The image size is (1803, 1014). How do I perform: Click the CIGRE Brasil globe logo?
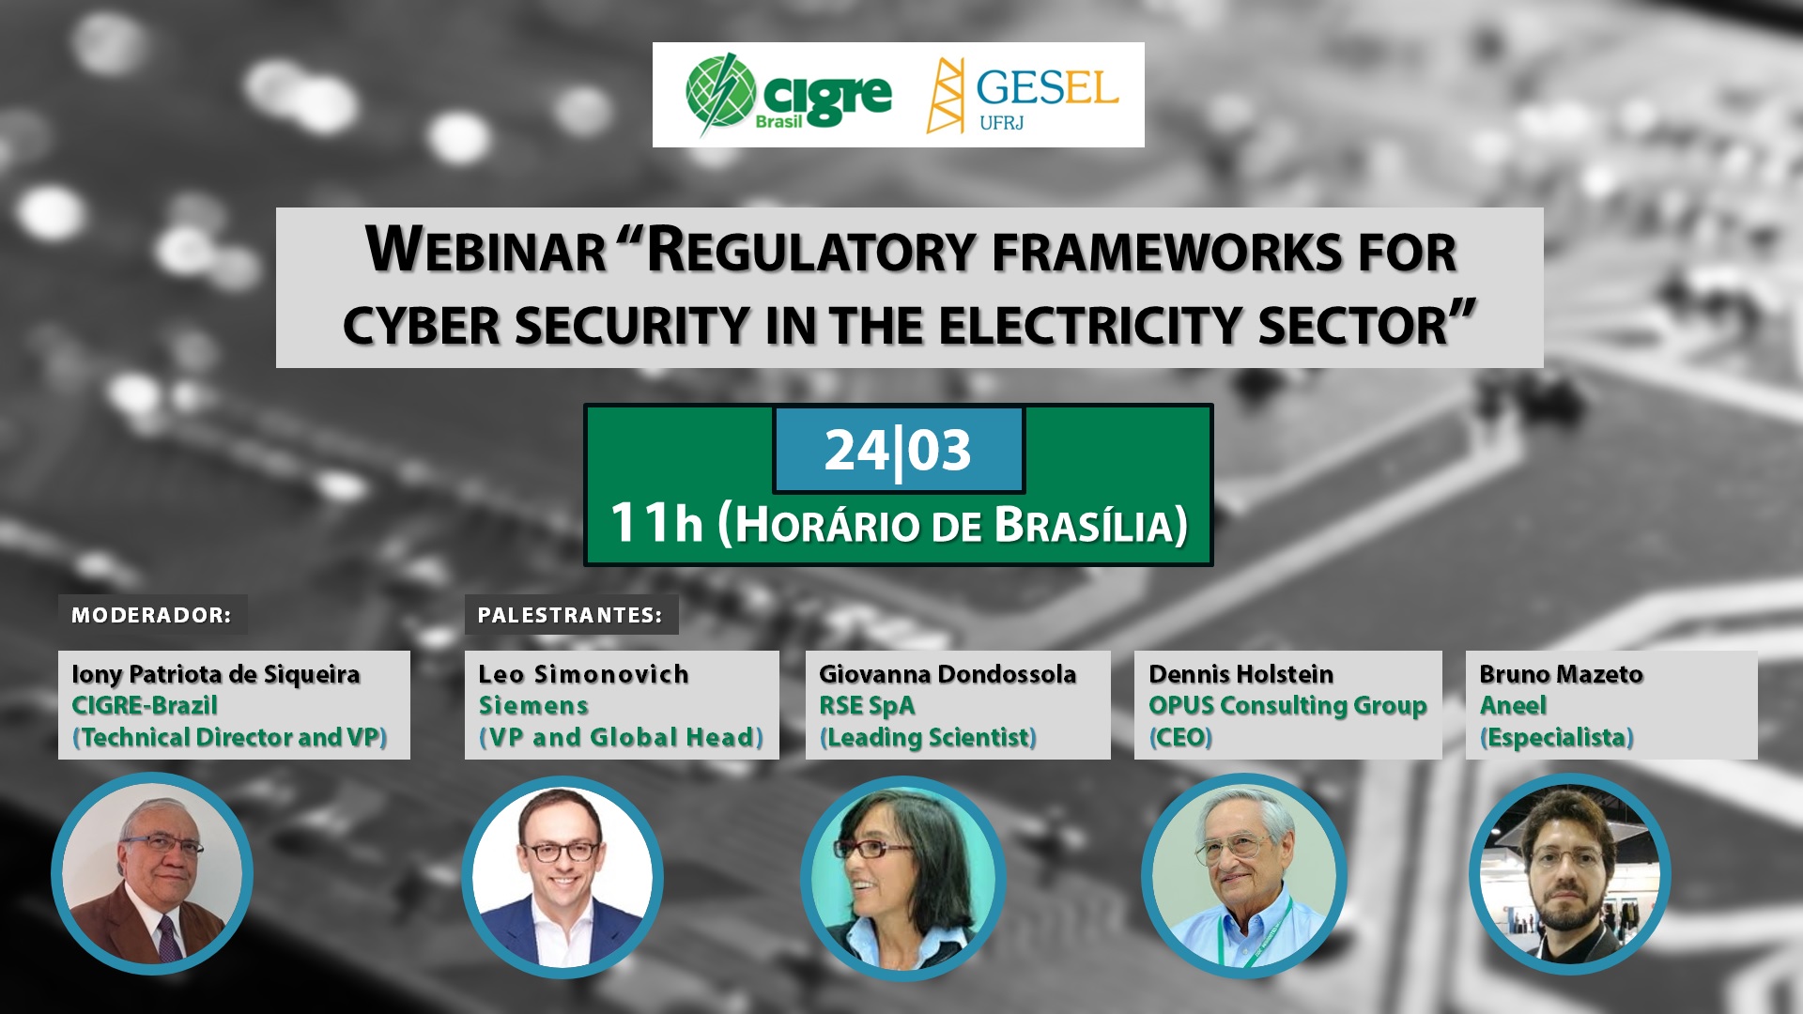pyautogui.click(x=721, y=93)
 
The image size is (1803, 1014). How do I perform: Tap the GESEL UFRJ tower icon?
pyautogui.click(x=946, y=96)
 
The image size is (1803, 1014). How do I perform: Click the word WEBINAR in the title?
pyautogui.click(x=485, y=251)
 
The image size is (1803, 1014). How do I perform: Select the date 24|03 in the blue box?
pyautogui.click(x=898, y=451)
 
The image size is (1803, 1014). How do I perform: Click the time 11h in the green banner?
pyautogui.click(x=656, y=522)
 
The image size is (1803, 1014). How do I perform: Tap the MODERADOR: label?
pyautogui.click(x=151, y=615)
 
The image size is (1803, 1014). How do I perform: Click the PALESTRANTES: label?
pyautogui.click(x=570, y=615)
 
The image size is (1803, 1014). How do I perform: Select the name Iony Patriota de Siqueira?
pyautogui.click(x=216, y=674)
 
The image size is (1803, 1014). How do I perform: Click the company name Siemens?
pyautogui.click(x=533, y=705)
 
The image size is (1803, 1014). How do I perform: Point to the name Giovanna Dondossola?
pyautogui.click(x=948, y=674)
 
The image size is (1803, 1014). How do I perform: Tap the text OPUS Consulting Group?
pyautogui.click(x=1287, y=705)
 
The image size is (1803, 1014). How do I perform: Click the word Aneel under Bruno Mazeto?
pyautogui.click(x=1513, y=705)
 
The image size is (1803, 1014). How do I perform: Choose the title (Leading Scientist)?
pyautogui.click(x=928, y=738)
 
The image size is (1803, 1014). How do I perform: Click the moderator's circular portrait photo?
pyautogui.click(x=152, y=873)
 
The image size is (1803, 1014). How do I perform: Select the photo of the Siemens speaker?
pyautogui.click(x=562, y=877)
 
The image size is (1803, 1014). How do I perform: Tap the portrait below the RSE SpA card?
pyautogui.click(x=903, y=878)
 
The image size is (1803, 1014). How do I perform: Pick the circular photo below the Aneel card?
pyautogui.click(x=1570, y=875)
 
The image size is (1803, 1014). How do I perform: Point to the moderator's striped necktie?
pyautogui.click(x=169, y=938)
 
